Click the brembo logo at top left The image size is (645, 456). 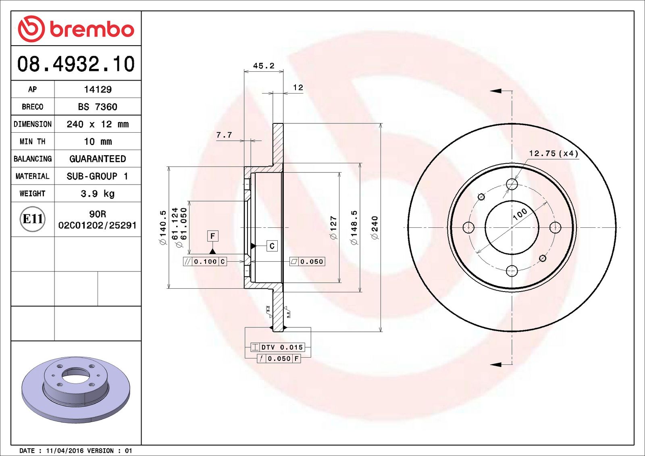(x=76, y=29)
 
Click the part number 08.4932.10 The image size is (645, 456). (x=76, y=64)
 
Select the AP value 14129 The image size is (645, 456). (x=98, y=90)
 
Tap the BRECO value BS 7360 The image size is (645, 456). (x=98, y=107)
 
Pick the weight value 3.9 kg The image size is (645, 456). (x=98, y=194)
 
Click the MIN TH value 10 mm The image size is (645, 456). (x=98, y=142)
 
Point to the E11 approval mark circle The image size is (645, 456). (x=33, y=219)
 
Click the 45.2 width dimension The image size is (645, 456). (x=264, y=66)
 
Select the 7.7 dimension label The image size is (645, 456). (x=224, y=135)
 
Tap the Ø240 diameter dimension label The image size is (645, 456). (x=375, y=228)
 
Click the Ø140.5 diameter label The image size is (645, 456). (x=163, y=228)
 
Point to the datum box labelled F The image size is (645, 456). (x=212, y=236)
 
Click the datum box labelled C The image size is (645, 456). (x=272, y=246)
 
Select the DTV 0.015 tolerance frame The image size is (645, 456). (x=278, y=347)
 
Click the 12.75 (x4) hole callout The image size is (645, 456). (x=553, y=154)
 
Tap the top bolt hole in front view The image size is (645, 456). (x=512, y=184)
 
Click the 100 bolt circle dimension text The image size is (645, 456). (x=520, y=214)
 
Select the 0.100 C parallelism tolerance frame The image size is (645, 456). (x=205, y=262)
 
